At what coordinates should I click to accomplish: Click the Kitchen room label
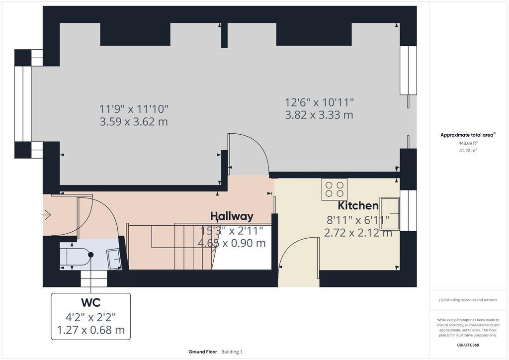point(358,206)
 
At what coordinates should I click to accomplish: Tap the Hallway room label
point(232,216)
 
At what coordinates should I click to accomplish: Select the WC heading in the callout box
point(91,302)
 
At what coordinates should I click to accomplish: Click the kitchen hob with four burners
point(335,189)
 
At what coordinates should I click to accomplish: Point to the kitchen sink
point(390,214)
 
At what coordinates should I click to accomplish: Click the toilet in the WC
point(77,256)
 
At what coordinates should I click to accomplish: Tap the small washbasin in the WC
point(115,259)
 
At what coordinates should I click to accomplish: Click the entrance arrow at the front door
point(46,215)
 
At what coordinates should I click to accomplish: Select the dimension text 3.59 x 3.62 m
point(134,122)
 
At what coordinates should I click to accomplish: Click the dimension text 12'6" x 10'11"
point(319,102)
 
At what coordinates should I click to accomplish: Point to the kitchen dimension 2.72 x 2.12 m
point(358,233)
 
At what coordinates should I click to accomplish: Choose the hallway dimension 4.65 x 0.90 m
point(232,243)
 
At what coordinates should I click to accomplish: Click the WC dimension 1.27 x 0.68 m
point(91,330)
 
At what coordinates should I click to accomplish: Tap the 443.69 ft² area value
point(468,143)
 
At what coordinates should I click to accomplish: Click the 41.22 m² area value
point(468,150)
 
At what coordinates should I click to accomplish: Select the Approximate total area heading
point(468,135)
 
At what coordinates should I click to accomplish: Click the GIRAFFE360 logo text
point(468,345)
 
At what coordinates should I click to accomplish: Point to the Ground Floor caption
point(203,352)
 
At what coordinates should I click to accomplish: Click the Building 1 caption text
point(232,352)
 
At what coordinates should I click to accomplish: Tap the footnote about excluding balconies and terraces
point(468,300)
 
